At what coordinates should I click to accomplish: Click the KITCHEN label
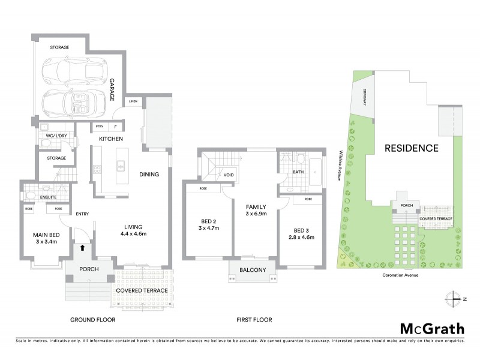click(x=112, y=139)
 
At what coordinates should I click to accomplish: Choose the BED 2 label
click(x=205, y=221)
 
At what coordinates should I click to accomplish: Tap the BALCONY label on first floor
click(x=252, y=270)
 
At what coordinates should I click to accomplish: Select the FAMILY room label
click(x=256, y=205)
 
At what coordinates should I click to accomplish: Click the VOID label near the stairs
click(x=228, y=175)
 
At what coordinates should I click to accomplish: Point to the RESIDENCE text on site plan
click(x=411, y=148)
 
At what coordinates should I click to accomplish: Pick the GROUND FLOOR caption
click(x=93, y=320)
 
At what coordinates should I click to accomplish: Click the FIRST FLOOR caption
click(x=254, y=320)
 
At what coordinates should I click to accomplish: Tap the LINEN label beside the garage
click(x=133, y=101)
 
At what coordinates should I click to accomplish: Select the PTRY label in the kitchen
click(x=98, y=127)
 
